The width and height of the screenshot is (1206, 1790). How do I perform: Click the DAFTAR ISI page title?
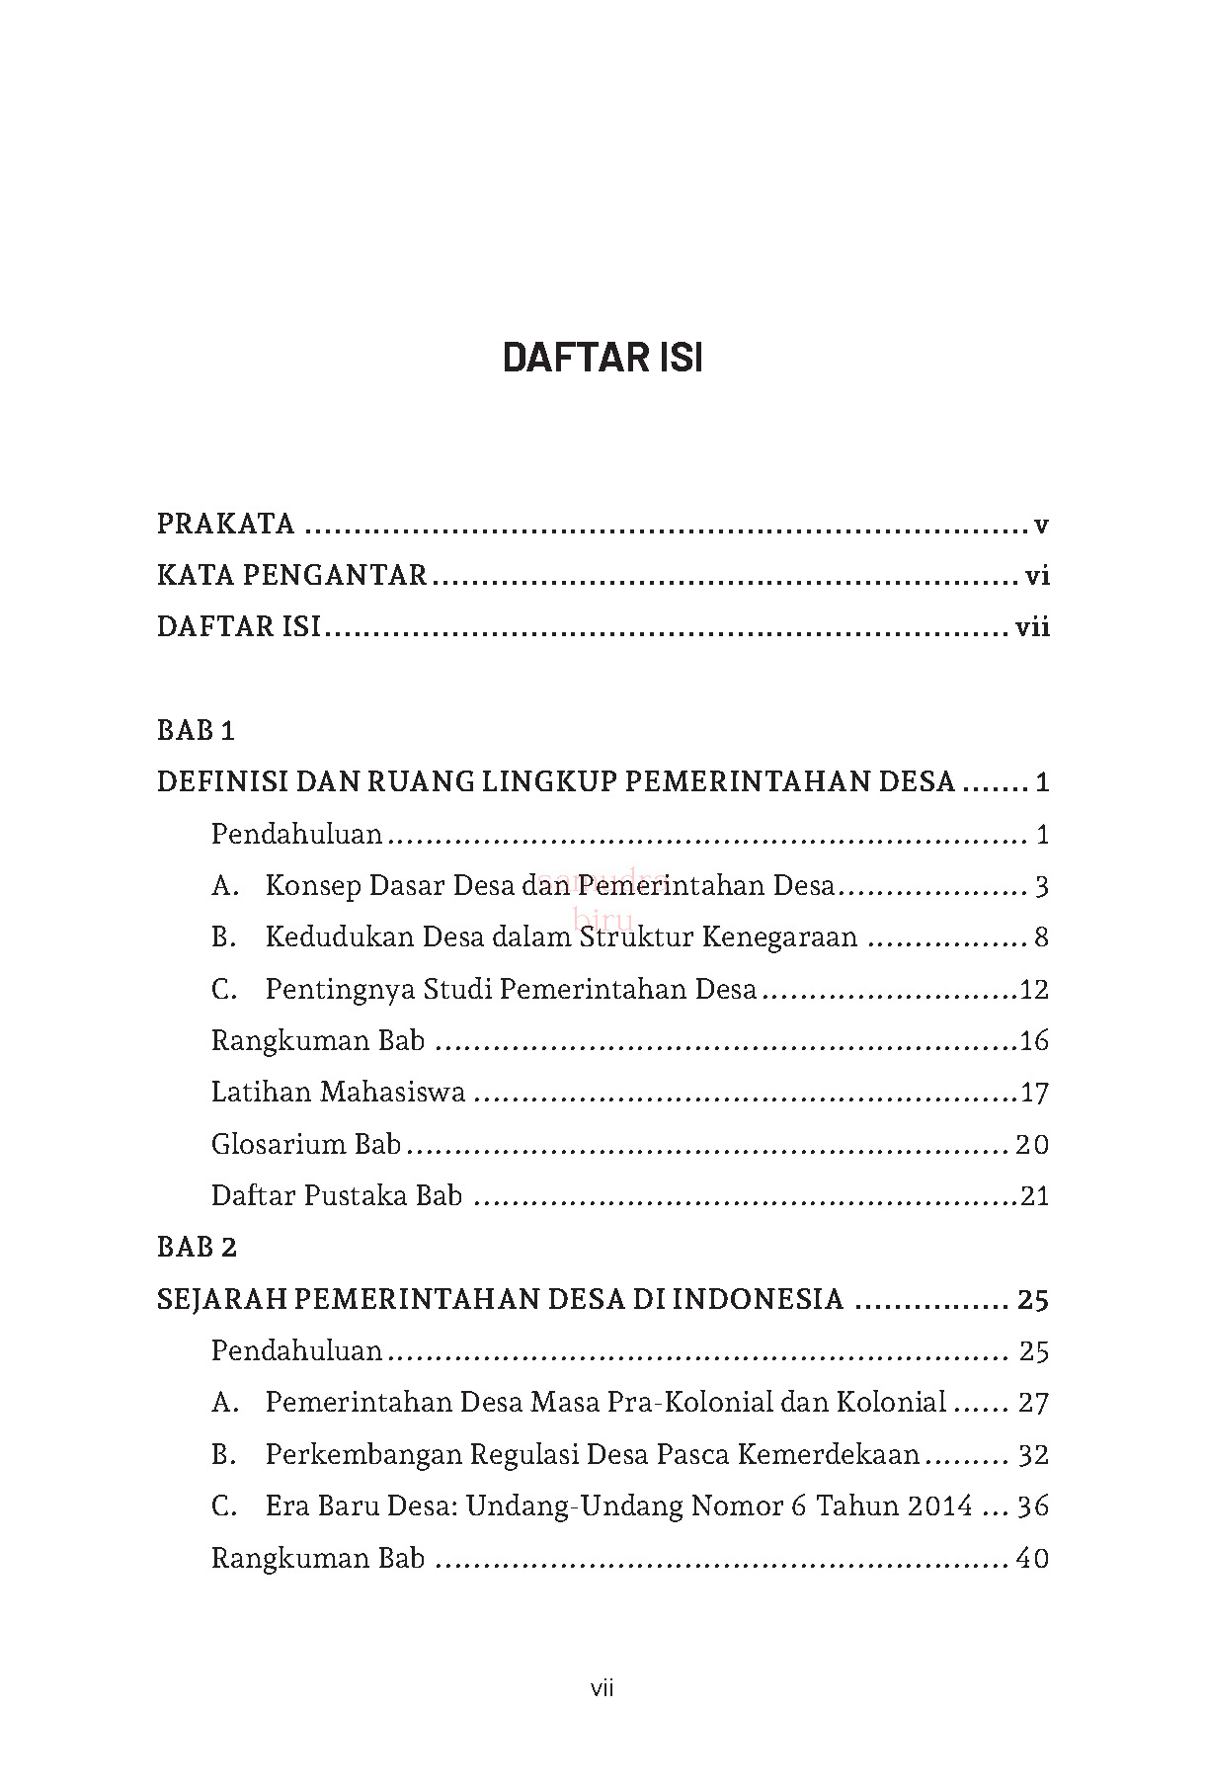tap(603, 358)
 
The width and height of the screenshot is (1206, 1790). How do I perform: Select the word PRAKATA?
tap(226, 524)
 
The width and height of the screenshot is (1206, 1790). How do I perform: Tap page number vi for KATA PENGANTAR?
tap(1036, 575)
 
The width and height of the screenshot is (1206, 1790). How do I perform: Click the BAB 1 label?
tap(196, 731)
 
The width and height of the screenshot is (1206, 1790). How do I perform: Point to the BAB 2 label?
tap(197, 1248)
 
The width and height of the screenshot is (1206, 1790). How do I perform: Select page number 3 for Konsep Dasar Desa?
tap(1041, 886)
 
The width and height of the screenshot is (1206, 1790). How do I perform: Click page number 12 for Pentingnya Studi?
tap(1033, 989)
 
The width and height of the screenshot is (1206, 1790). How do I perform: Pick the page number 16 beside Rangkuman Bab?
tap(1033, 1040)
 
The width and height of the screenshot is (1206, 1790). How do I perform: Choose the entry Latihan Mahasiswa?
tap(338, 1092)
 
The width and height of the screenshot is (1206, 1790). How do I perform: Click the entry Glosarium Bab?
tap(306, 1144)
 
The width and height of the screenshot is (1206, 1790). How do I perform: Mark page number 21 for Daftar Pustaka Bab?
tap(1033, 1196)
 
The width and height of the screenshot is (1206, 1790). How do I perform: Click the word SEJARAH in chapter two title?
tap(221, 1299)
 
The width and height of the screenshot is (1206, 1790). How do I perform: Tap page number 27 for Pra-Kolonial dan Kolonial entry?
tap(1032, 1403)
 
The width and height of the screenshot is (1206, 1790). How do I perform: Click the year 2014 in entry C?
tap(939, 1505)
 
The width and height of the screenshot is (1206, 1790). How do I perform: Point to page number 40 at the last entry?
tap(1032, 1558)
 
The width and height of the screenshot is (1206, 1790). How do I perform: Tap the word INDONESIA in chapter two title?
tap(764, 1299)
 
